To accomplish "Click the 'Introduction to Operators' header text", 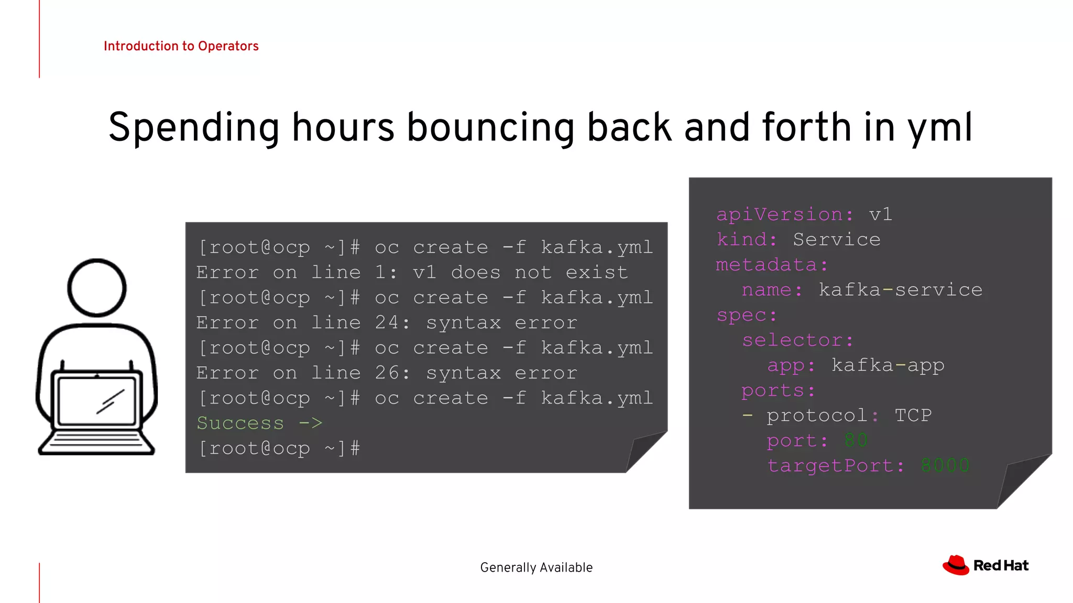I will pos(181,46).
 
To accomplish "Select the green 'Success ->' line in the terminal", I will pos(259,423).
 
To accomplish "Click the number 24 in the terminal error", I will pos(387,322).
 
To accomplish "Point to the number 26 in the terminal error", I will pos(387,373).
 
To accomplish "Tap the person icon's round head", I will pos(97,287).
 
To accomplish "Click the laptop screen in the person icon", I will pos(97,400).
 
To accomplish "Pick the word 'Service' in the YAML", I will pos(836,240).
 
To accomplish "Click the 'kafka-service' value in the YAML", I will pos(900,290).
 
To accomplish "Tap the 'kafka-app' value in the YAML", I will pos(888,365).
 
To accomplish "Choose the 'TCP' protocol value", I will pos(913,416).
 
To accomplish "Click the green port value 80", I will pos(856,441).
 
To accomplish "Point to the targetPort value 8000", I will pos(945,466).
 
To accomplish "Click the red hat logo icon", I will pos(956,565).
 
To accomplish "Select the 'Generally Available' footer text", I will pos(536,567).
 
